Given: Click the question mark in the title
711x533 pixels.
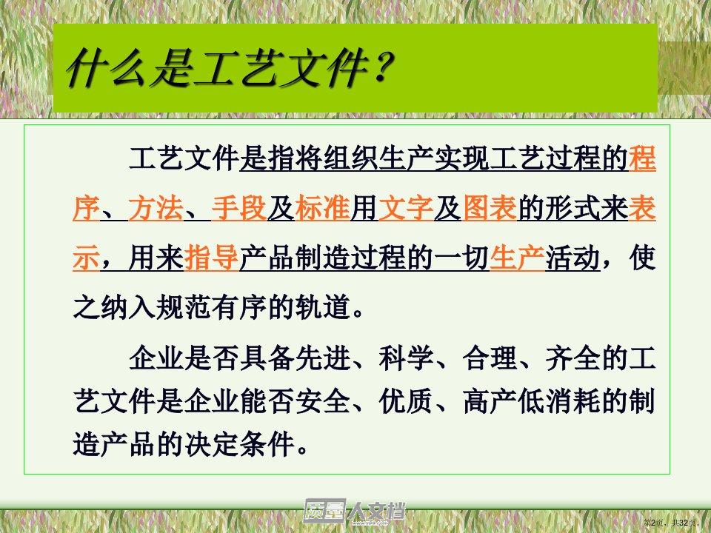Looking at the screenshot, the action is click(380, 68).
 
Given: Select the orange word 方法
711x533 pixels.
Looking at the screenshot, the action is click(156, 209).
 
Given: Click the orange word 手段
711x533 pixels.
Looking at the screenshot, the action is click(239, 209).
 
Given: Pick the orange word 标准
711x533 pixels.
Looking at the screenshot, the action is click(322, 209).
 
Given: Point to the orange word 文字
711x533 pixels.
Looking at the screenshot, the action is click(406, 209).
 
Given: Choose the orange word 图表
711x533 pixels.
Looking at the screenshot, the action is click(490, 209).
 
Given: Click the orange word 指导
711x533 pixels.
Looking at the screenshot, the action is click(211, 258).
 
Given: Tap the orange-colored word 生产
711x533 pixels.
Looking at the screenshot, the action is click(518, 258).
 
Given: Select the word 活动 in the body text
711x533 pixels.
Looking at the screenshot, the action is click(573, 258).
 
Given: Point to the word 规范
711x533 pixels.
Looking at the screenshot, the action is click(183, 307).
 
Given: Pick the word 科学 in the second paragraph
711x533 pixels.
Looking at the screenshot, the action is click(406, 358).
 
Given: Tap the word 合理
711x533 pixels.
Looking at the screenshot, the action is click(490, 358).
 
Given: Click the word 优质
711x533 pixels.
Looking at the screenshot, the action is click(406, 401).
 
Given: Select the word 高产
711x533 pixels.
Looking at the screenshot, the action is click(490, 401).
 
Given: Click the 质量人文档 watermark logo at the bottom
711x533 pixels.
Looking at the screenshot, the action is click(354, 511).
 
